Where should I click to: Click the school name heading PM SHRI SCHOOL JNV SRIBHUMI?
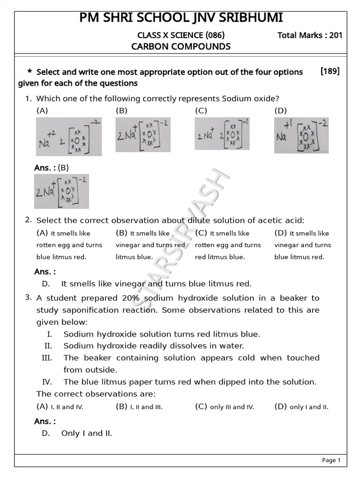click(181, 18)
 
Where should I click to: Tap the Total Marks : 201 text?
click(310, 35)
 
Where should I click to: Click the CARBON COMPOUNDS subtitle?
click(181, 46)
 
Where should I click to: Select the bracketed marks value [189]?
click(330, 71)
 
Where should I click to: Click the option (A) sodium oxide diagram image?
click(68, 136)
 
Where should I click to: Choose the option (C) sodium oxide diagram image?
click(222, 134)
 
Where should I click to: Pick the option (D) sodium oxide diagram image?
click(301, 135)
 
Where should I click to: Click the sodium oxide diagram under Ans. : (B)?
click(61, 191)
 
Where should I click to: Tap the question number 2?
click(28, 219)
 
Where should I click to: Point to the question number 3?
click(28, 297)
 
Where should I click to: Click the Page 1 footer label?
click(331, 460)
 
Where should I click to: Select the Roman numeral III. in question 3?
click(46, 358)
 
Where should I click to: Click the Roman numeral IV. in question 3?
click(47, 382)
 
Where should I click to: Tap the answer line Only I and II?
click(87, 433)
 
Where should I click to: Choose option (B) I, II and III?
click(139, 406)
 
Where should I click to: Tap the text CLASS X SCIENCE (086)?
click(181, 35)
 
